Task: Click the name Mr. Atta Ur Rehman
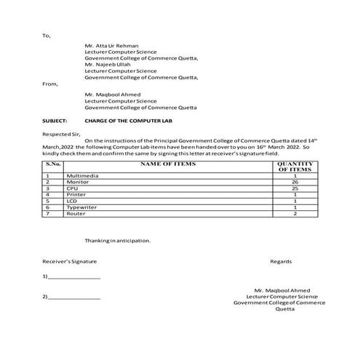(111, 45)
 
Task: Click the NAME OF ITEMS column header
(168, 165)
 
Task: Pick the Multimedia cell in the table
(83, 176)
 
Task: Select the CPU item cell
(71, 188)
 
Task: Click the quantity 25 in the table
(295, 188)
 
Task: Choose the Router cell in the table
(76, 214)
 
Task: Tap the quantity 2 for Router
(295, 214)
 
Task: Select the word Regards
(281, 260)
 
